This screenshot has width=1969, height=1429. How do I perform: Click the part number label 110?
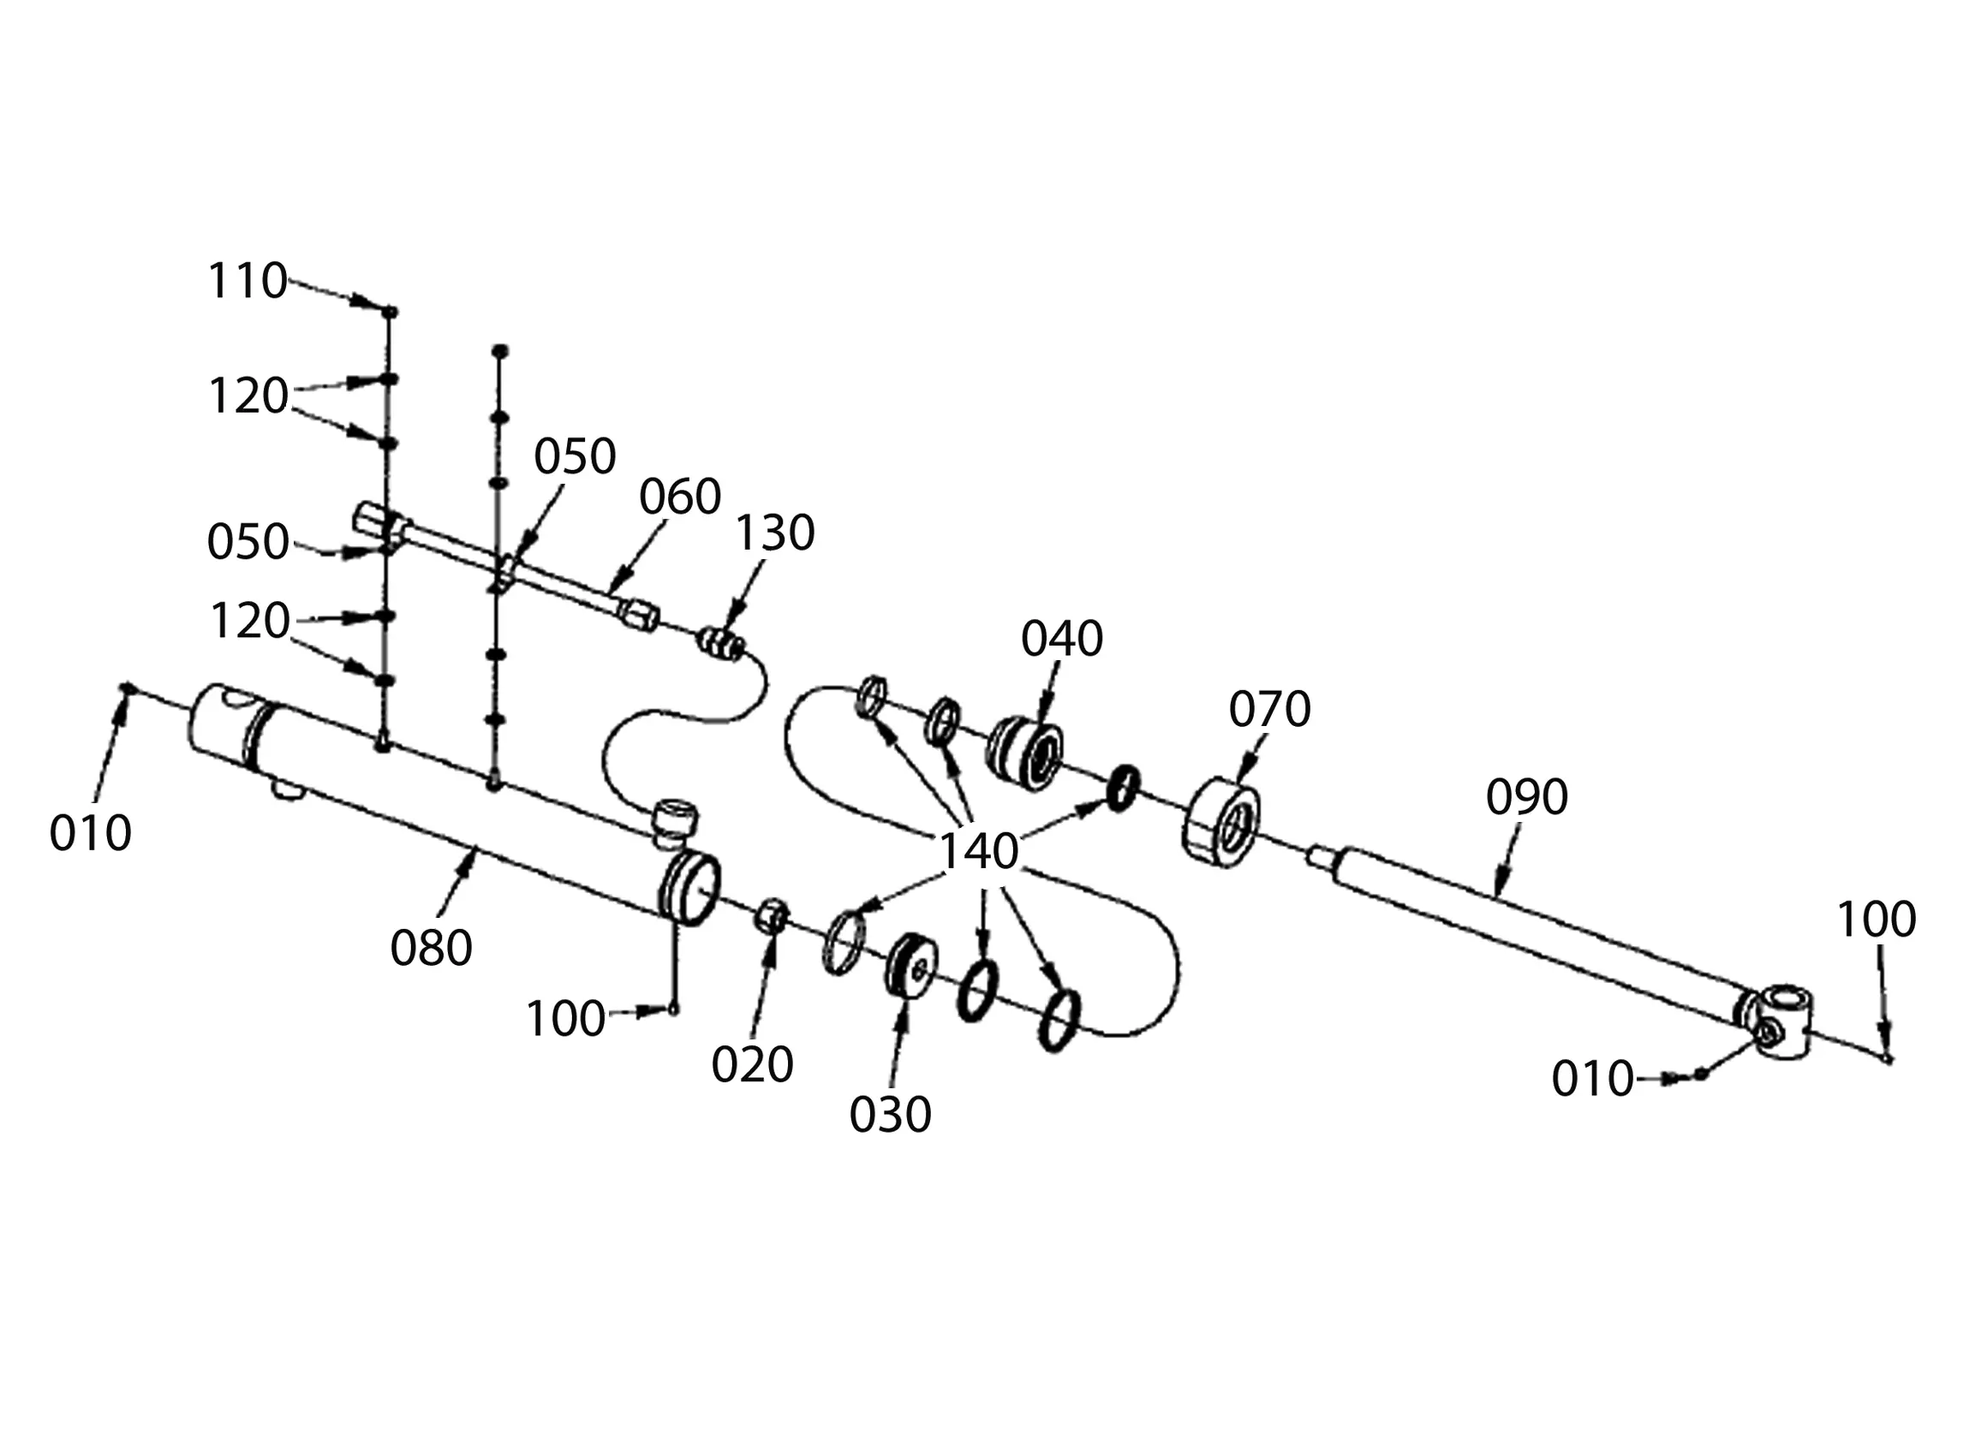point(248,282)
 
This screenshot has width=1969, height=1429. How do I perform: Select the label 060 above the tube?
point(680,497)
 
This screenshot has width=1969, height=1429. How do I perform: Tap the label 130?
point(774,533)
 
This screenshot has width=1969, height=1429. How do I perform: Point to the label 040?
point(1061,639)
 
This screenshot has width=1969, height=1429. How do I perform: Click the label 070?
point(1268,709)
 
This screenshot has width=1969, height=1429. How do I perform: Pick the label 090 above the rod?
point(1526,797)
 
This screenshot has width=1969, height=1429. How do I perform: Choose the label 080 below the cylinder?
point(431,948)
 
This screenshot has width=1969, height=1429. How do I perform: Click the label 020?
point(752,1065)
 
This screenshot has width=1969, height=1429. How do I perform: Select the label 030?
point(890,1115)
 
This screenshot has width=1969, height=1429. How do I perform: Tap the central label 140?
point(978,852)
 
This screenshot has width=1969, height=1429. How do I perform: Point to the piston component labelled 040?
point(1025,753)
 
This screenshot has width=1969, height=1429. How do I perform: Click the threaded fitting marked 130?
point(721,645)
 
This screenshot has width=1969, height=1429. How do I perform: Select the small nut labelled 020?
point(772,916)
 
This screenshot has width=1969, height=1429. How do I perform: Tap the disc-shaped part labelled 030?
point(910,966)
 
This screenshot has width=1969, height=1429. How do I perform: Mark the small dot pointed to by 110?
point(390,311)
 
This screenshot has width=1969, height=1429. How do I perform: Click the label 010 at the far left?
point(90,833)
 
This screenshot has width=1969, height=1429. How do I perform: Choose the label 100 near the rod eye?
point(1877,920)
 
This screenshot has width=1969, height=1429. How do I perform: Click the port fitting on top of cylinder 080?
point(675,821)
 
